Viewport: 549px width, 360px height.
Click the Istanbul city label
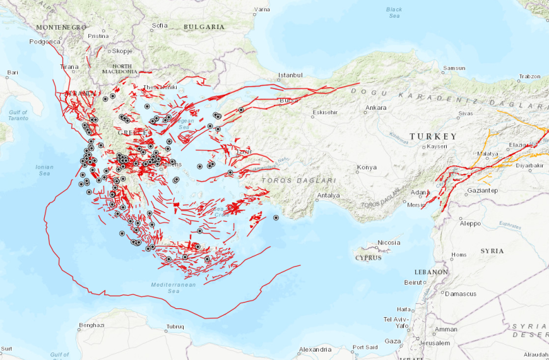click(x=291, y=75)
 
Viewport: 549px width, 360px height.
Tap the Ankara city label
click(x=375, y=107)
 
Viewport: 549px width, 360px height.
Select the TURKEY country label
click(x=432, y=136)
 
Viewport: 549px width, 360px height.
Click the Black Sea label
click(x=394, y=13)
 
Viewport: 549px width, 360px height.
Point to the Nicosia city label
click(x=389, y=243)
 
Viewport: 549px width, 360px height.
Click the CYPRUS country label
click(x=368, y=258)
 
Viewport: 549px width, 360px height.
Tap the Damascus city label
click(x=461, y=294)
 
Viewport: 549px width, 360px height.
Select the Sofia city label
click(x=160, y=26)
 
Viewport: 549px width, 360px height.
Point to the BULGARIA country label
click(x=204, y=27)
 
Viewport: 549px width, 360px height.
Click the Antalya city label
click(x=328, y=195)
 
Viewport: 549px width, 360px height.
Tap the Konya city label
click(x=367, y=167)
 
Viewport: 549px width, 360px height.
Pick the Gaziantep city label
click(x=482, y=191)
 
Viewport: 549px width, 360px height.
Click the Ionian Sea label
click(x=44, y=170)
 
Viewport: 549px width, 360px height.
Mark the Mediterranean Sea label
click(x=174, y=288)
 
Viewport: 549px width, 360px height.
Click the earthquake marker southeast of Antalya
click(x=276, y=218)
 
